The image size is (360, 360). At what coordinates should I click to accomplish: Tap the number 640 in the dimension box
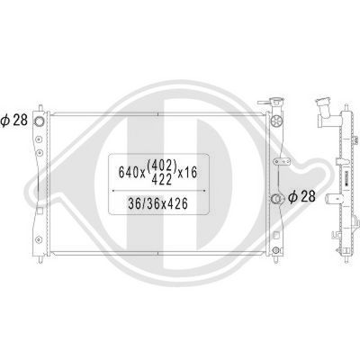[x=130, y=171]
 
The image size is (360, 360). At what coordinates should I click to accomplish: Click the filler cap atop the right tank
[x=274, y=103]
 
